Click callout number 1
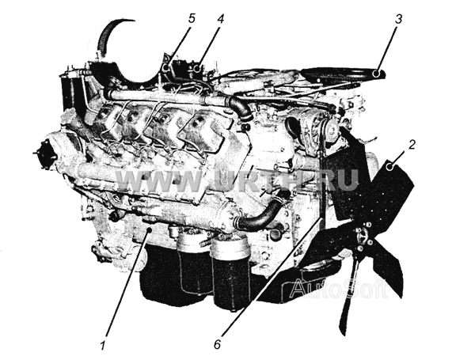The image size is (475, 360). click(x=103, y=345)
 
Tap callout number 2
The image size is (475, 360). click(x=411, y=145)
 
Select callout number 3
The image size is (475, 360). click(x=399, y=19)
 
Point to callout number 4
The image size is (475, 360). click(x=221, y=19)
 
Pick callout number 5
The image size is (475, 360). click(x=192, y=18)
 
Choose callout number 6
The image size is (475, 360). click(x=217, y=344)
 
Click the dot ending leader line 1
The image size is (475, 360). click(x=149, y=230)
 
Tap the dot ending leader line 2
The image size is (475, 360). click(x=389, y=166)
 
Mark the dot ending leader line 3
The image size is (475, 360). click(x=376, y=74)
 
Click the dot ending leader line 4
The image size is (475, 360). click(x=197, y=69)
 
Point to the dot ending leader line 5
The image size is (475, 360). click(x=166, y=67)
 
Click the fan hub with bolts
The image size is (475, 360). click(x=363, y=236)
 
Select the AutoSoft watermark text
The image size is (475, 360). click(x=339, y=288)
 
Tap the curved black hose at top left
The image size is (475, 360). click(x=112, y=36)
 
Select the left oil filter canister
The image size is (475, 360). click(x=193, y=263)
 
